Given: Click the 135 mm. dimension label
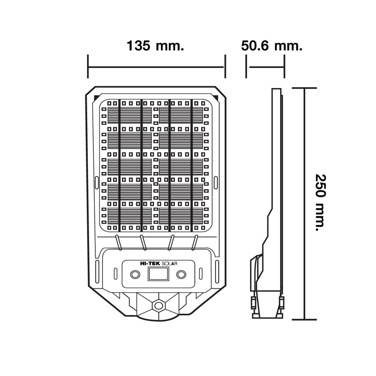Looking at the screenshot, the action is point(155,45).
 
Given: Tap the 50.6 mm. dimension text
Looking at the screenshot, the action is point(272,45).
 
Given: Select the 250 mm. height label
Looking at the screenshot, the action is point(320,203).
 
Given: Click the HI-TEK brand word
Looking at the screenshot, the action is point(150,263).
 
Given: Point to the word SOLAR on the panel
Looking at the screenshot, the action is point(170,264).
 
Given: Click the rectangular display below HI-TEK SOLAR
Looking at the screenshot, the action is point(158,274).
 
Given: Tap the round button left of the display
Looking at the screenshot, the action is point(135,274).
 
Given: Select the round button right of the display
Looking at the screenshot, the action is point(181,274).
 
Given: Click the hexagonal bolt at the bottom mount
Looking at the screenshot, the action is point(158,305).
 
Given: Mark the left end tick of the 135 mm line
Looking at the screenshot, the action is point(88,67).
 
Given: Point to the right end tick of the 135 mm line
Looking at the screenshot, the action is point(225,67).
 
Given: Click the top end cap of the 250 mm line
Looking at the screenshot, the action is point(304,88).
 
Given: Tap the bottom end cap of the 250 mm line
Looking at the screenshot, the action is point(304,319).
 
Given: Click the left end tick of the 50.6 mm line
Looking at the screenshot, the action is point(246,67).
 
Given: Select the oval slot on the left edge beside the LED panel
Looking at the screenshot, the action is point(97,182).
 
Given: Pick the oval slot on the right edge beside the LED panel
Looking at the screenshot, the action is point(215,182).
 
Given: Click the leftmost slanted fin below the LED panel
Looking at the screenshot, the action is point(118,243).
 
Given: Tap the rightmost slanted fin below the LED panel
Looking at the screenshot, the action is point(195,243).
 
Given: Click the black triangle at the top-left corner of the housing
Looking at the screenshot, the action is point(97,98).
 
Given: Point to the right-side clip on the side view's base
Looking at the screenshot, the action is point(282,303).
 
